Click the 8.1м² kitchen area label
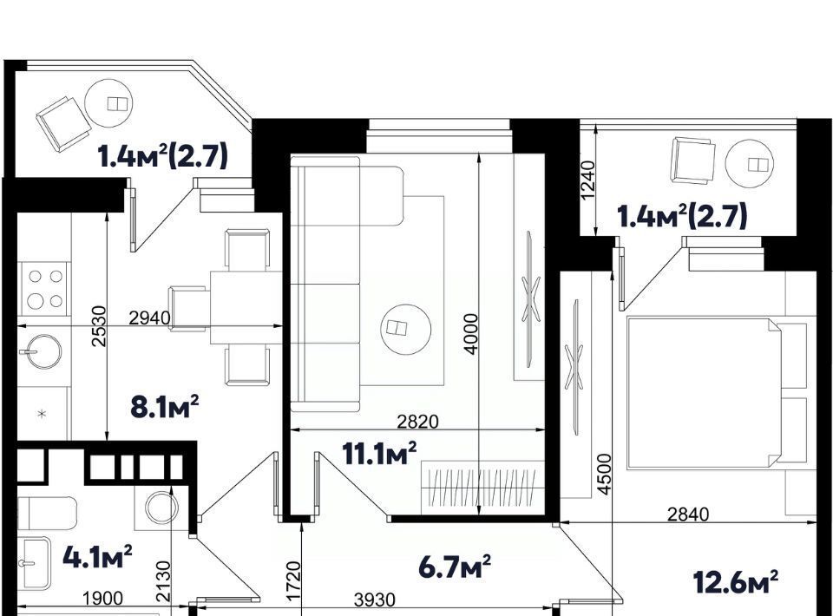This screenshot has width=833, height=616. pos(165,407)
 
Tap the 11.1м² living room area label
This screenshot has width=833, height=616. pos(379,453)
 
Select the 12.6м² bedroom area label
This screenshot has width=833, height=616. pos(737,581)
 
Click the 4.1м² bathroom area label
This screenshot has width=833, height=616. pos(97,556)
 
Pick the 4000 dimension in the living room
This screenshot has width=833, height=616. pos(470,333)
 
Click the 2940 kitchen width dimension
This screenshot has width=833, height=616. pos(150,318)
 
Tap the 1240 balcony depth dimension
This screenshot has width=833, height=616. pos(588,180)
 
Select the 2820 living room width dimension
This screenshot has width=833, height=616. pos(418,421)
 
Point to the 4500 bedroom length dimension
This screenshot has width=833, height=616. pos(604,475)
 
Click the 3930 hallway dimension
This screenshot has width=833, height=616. pos(375,600)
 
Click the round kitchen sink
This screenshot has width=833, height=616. pos(41,351)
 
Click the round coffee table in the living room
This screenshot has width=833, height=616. pos(405,329)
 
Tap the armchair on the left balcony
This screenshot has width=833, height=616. pos(63,124)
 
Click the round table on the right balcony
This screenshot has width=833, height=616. pos(750,164)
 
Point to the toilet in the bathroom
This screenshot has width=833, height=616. pos(47,513)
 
